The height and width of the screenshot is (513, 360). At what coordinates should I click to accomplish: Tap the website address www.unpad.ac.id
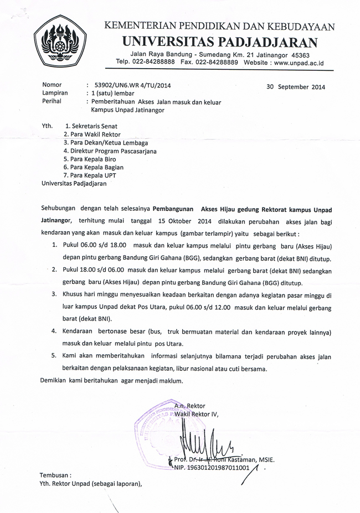(x=299, y=63)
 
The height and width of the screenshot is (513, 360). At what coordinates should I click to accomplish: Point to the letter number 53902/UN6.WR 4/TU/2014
(x=133, y=85)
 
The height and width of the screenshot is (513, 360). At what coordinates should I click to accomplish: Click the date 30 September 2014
(x=296, y=86)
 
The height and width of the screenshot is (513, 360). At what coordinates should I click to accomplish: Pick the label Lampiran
(x=55, y=93)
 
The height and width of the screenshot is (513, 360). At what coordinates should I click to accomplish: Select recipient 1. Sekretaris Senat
(x=91, y=126)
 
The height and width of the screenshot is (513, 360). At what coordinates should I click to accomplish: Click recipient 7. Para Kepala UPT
(x=90, y=175)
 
